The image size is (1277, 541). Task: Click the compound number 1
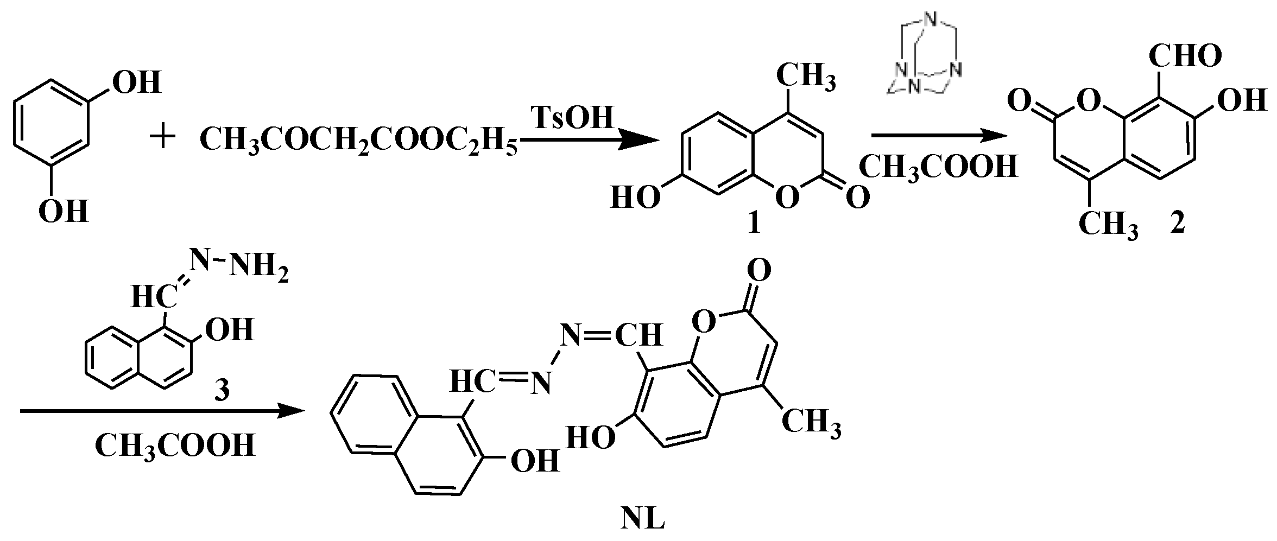pos(754,223)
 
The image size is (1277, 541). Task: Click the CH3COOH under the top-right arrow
pos(938,167)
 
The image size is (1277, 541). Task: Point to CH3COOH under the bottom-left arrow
pos(175,445)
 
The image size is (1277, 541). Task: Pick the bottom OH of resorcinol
pos(64,212)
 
